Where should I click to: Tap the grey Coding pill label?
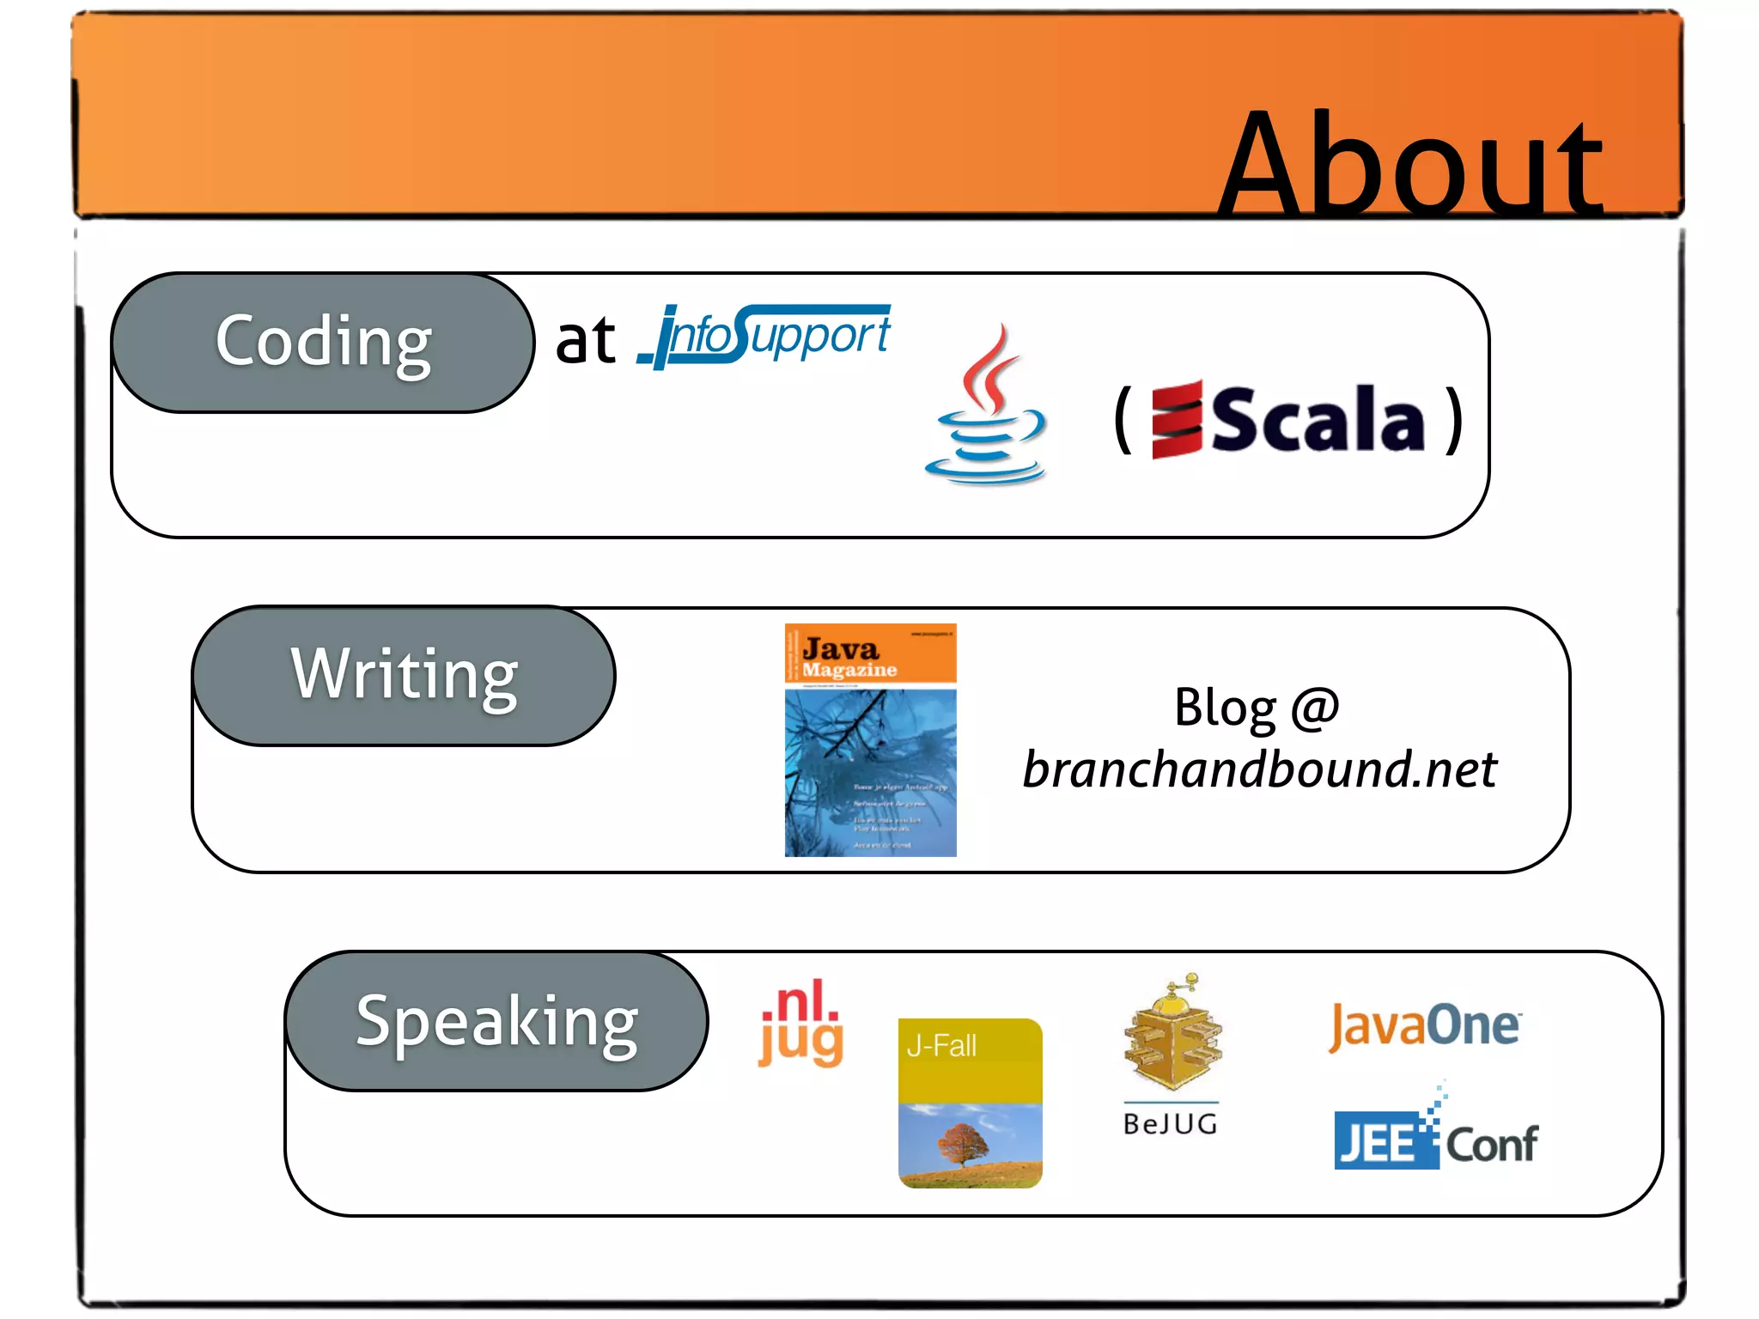(x=323, y=342)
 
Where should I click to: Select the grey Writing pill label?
(x=405, y=675)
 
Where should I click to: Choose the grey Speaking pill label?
(x=496, y=1021)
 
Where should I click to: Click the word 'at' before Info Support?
(x=585, y=340)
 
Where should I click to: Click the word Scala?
(x=1318, y=419)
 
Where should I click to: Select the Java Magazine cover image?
(x=870, y=740)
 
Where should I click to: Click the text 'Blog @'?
(x=1257, y=708)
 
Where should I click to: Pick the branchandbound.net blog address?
(x=1259, y=769)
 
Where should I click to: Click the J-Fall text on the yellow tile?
(x=941, y=1046)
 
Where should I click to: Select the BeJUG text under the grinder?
(x=1171, y=1124)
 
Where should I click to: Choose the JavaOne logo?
(x=1425, y=1026)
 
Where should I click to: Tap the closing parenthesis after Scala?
(x=1453, y=419)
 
